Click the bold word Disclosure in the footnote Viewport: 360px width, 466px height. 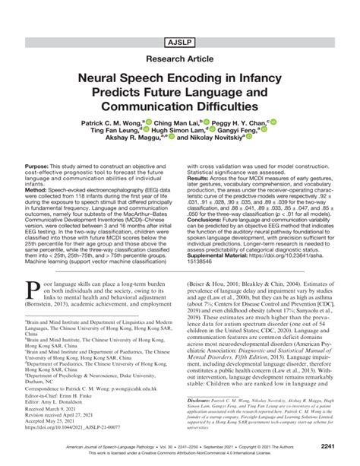[202, 398]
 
